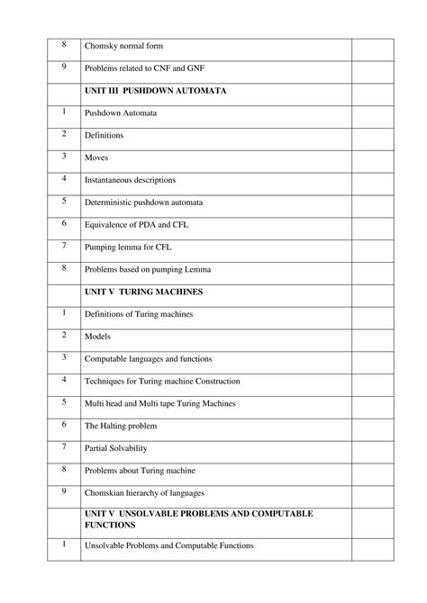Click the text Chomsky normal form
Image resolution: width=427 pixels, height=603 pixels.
[x=123, y=47]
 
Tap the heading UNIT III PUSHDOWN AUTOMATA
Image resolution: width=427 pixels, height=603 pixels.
[x=155, y=91]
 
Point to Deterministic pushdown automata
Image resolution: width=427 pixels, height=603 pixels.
[x=144, y=202]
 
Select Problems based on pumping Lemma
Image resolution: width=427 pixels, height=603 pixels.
[x=148, y=269]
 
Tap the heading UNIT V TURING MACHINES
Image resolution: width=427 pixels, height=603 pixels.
[x=143, y=292]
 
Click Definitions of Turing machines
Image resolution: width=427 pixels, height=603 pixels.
[x=139, y=314]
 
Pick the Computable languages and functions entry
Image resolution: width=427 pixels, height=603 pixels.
[x=149, y=358]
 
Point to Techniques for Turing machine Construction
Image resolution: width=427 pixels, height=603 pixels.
[x=162, y=381]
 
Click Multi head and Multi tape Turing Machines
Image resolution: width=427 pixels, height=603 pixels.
[x=167, y=403]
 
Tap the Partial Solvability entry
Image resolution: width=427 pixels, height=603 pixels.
[x=115, y=447]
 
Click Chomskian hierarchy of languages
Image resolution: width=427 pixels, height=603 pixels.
[x=144, y=492]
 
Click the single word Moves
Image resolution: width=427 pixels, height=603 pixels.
[x=96, y=157]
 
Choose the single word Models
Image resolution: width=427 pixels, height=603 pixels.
[x=97, y=336]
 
